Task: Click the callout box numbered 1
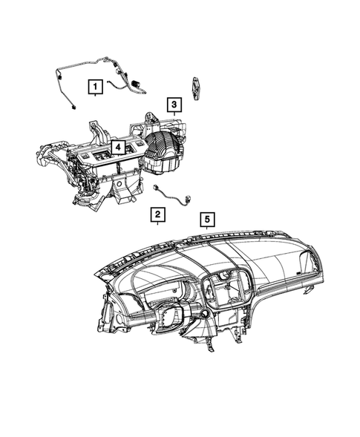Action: [x=95, y=88]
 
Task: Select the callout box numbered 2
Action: [x=157, y=214]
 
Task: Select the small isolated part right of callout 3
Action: [x=195, y=88]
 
